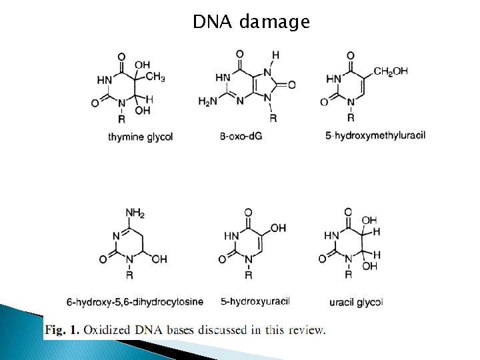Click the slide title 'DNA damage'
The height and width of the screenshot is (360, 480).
point(251,22)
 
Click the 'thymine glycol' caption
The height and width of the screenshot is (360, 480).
point(140,137)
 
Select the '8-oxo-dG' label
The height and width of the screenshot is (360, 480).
point(237,137)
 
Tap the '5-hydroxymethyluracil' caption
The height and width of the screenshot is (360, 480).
point(375,136)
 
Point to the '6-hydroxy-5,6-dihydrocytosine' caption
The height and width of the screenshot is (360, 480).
point(135,301)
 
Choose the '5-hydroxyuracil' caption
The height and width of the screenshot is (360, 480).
point(255,301)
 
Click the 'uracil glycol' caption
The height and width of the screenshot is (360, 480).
point(356,302)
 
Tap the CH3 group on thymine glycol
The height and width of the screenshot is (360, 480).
point(155,77)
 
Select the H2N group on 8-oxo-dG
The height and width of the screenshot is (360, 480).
point(207,101)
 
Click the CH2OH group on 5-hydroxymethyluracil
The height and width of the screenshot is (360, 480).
point(391,71)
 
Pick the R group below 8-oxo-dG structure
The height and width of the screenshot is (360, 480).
point(272,117)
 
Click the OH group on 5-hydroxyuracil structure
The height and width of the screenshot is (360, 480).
point(279,228)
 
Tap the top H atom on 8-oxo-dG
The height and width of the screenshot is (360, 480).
point(276,55)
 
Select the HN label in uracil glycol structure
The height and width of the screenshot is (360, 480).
point(331,235)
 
